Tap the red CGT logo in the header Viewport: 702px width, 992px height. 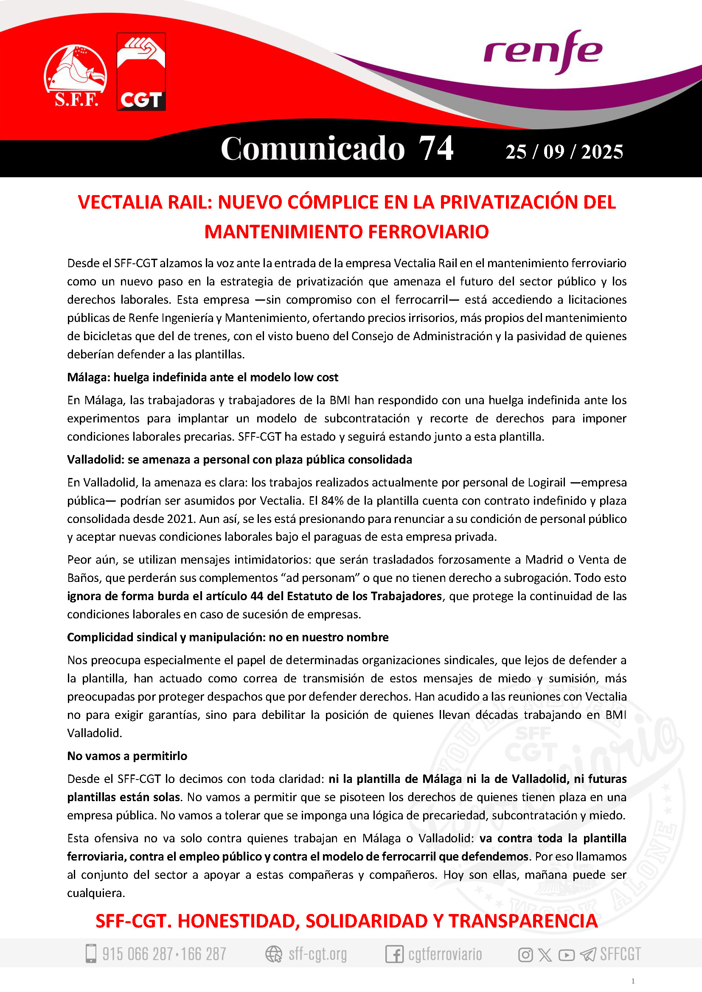pos(141,71)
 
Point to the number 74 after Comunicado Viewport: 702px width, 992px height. pos(436,148)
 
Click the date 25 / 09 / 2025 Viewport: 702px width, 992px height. pos(564,152)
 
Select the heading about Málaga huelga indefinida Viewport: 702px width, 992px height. pos(202,377)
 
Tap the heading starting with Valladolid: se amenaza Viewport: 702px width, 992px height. pos(239,459)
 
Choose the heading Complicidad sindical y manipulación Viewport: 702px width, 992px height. pos(227,637)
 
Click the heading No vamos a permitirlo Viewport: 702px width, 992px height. pos(127,756)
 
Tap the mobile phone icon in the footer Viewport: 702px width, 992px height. pos(91,953)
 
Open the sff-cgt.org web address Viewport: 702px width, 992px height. pos(317,953)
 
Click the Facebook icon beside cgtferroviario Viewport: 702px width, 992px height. pos(394,954)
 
